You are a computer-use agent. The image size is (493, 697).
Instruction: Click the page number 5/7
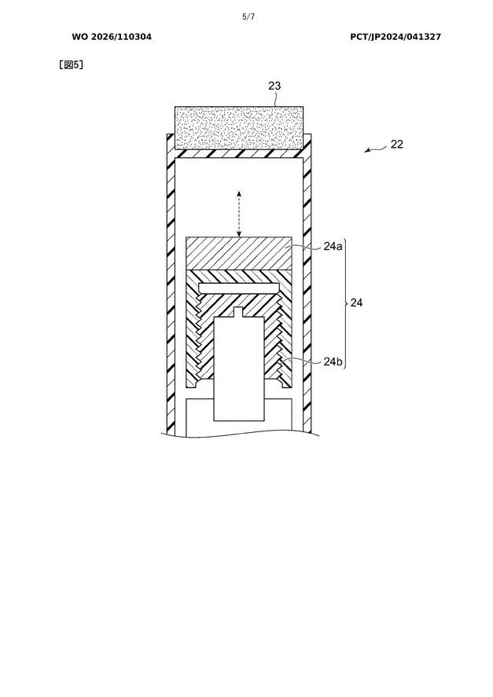(x=248, y=17)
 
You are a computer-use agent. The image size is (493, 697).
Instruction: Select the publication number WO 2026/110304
(x=112, y=37)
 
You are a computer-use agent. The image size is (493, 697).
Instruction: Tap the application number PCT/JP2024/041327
(x=396, y=37)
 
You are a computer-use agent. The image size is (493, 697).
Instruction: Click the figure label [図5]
(x=72, y=65)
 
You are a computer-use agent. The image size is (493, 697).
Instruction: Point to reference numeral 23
(x=274, y=86)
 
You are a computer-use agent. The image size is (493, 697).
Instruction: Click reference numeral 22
(x=397, y=144)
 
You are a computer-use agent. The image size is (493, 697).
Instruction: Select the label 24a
(x=333, y=246)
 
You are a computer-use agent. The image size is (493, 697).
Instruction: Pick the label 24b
(x=333, y=361)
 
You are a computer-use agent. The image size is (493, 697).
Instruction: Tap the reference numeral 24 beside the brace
(x=356, y=303)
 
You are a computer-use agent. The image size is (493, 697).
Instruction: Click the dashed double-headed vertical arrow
(x=239, y=214)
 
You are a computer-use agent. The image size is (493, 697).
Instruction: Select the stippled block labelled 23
(x=239, y=128)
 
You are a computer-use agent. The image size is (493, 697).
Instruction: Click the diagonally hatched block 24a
(x=239, y=253)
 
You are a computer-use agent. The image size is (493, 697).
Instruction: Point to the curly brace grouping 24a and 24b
(x=346, y=303)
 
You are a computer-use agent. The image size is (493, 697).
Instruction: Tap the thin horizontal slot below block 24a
(x=239, y=288)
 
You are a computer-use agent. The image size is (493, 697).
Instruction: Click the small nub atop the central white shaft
(x=239, y=312)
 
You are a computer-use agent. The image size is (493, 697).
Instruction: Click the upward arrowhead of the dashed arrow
(x=239, y=194)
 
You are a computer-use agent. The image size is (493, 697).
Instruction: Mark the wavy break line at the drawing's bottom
(x=241, y=434)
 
